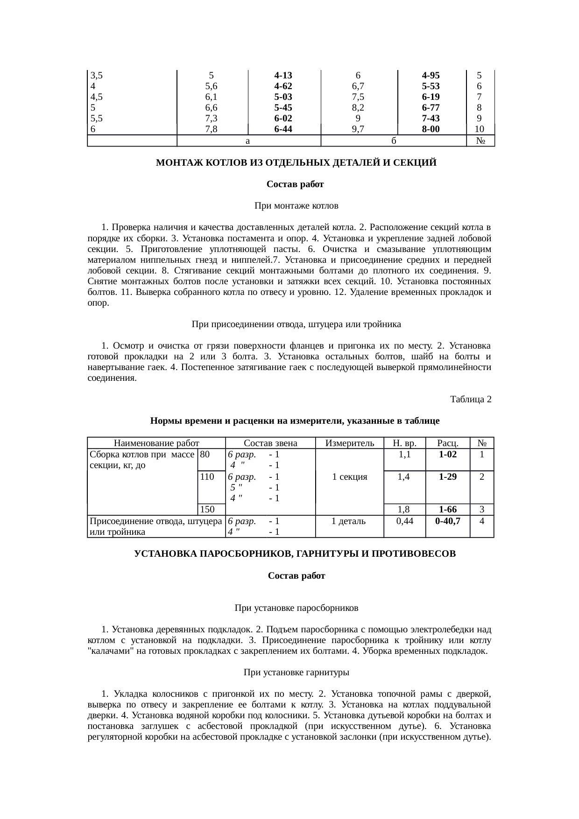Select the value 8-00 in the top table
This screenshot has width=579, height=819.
431,129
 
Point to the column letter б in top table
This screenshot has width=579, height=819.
394,140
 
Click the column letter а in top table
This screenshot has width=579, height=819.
248,140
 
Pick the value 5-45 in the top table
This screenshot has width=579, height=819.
283,108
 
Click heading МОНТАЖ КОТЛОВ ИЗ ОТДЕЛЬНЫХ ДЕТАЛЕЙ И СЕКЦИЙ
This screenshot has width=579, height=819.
296,163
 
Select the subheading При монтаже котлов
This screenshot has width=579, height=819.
296,206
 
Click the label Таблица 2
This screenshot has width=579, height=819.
470,399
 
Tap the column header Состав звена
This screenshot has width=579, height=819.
271,443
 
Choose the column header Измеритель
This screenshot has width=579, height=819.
350,443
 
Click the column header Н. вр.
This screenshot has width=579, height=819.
404,443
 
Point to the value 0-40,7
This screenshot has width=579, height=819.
447,521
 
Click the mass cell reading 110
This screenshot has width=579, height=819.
207,476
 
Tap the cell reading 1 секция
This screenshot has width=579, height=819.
350,477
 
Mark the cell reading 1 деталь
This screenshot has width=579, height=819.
350,521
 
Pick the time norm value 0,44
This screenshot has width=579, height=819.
404,521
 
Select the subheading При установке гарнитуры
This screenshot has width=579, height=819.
296,672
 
